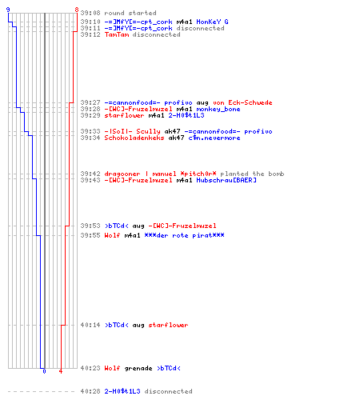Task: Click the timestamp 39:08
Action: [x=90, y=13]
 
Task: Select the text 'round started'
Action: [x=130, y=13]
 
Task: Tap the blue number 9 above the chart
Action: [x=8, y=10]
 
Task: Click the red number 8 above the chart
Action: [x=77, y=10]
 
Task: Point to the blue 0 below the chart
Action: [x=44, y=371]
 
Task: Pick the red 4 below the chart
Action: [x=61, y=371]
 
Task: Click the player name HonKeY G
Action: [x=212, y=22]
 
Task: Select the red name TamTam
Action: [x=117, y=34]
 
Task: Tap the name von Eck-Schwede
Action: [x=242, y=102]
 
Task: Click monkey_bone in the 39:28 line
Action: [x=218, y=109]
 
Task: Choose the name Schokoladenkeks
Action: [x=134, y=138]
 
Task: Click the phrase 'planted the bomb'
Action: [x=252, y=174]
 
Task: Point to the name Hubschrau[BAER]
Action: [x=226, y=180]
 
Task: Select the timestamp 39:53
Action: [x=90, y=226]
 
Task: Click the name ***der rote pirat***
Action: [x=184, y=235]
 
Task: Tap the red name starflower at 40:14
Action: [x=168, y=325]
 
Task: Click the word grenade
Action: [x=138, y=369]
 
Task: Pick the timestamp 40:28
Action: [x=90, y=391]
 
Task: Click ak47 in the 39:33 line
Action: [x=172, y=131]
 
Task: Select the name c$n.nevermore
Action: [x=214, y=138]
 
